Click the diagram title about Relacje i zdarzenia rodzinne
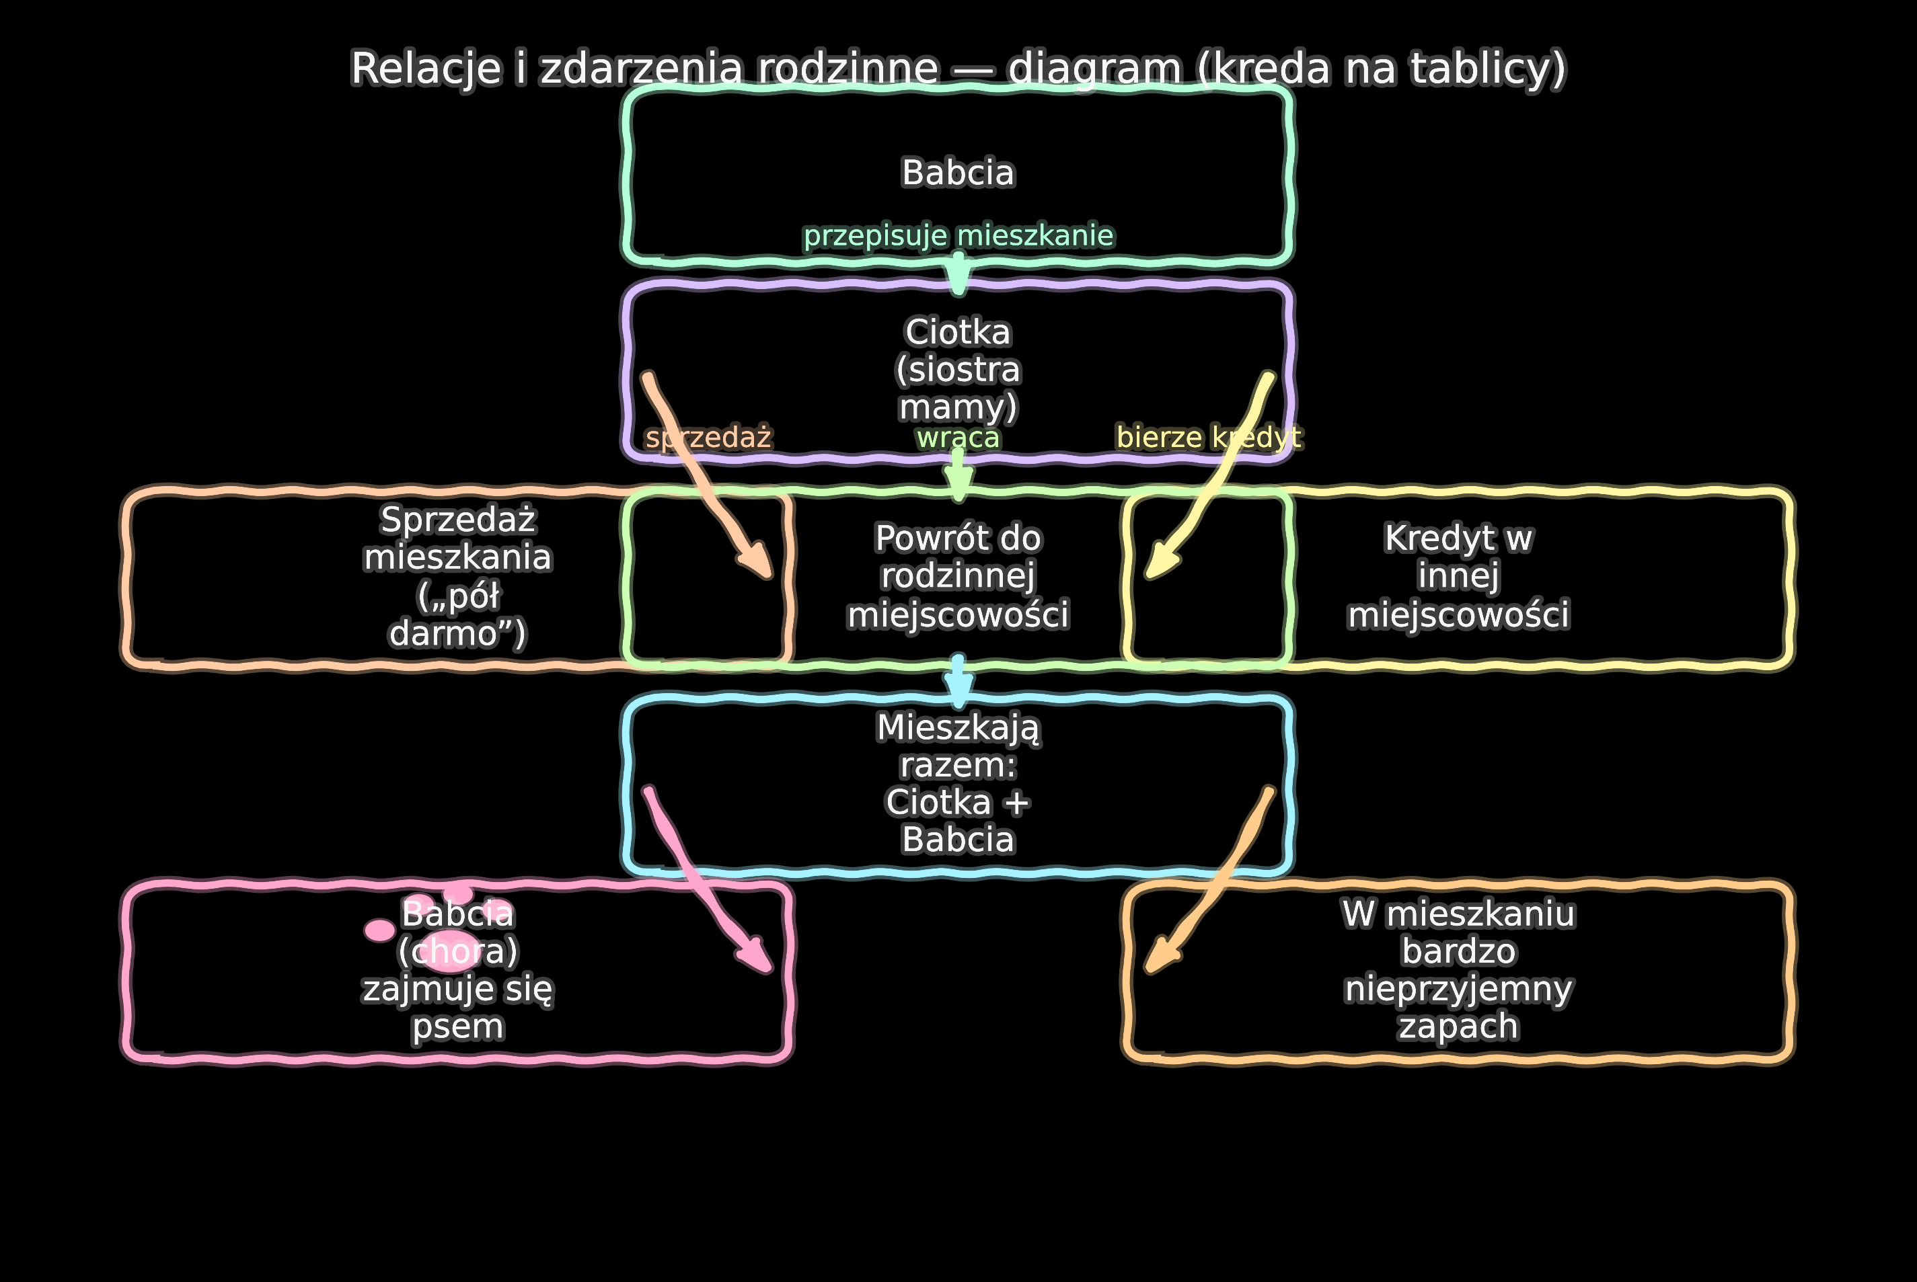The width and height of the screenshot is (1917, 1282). tap(958, 68)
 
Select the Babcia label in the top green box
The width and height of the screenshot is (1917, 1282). tap(958, 173)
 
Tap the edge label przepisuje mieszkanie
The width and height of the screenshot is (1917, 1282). tap(958, 235)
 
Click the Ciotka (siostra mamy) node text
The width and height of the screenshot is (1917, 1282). tap(958, 370)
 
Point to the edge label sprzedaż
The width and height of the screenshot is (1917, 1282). tap(708, 438)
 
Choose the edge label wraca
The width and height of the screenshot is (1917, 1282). tap(958, 438)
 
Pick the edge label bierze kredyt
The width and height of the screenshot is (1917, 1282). tap(1209, 438)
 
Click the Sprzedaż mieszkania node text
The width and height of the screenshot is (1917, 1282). tap(458, 576)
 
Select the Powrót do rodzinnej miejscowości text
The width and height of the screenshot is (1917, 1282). tap(958, 576)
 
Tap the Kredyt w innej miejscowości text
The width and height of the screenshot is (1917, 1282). tap(1458, 576)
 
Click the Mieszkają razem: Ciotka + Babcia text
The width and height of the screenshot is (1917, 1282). tap(958, 783)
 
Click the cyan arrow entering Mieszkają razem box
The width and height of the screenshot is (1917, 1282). tap(958, 683)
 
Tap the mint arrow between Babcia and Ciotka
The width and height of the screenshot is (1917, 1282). tap(958, 274)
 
